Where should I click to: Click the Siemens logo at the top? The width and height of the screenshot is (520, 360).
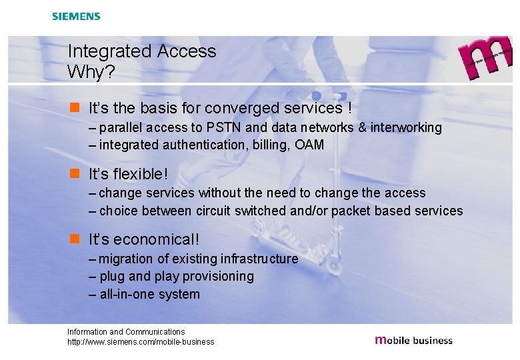pos(76,16)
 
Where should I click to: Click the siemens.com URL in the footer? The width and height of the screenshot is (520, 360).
pos(141,342)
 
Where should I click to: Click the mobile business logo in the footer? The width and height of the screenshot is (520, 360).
pos(413,340)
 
